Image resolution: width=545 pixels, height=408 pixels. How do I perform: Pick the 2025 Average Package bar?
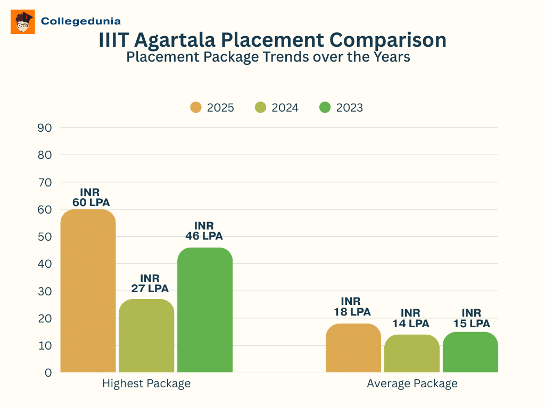(353, 347)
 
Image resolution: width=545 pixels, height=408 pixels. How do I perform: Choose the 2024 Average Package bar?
(412, 353)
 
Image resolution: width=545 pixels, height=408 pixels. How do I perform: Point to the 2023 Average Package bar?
(470, 352)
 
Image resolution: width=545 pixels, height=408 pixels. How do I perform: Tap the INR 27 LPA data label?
(150, 284)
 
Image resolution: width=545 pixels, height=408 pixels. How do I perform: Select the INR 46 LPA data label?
(204, 231)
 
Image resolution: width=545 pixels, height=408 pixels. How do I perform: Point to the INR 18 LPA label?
(352, 307)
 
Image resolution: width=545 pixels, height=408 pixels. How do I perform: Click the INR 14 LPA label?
(410, 318)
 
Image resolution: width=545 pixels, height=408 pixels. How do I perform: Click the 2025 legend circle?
(196, 108)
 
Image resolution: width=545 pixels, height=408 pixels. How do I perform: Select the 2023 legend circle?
(325, 108)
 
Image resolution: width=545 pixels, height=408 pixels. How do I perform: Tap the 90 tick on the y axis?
(45, 128)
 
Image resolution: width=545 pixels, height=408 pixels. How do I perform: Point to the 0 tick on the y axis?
(48, 373)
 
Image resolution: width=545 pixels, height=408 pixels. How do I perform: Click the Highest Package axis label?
(146, 384)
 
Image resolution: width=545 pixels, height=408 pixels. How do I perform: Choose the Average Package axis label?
(412, 384)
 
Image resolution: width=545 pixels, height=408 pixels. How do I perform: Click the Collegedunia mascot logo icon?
(23, 22)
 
